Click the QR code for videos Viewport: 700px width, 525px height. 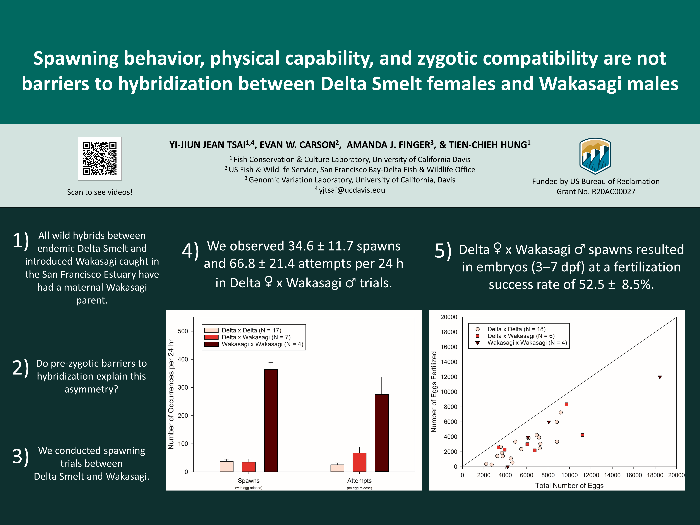100,159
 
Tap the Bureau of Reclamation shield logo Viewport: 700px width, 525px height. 595,156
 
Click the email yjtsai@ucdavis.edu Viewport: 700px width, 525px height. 352,190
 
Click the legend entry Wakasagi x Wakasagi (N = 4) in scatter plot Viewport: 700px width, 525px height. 527,343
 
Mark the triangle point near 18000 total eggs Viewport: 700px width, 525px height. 660,377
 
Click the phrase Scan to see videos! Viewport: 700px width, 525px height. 100,192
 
